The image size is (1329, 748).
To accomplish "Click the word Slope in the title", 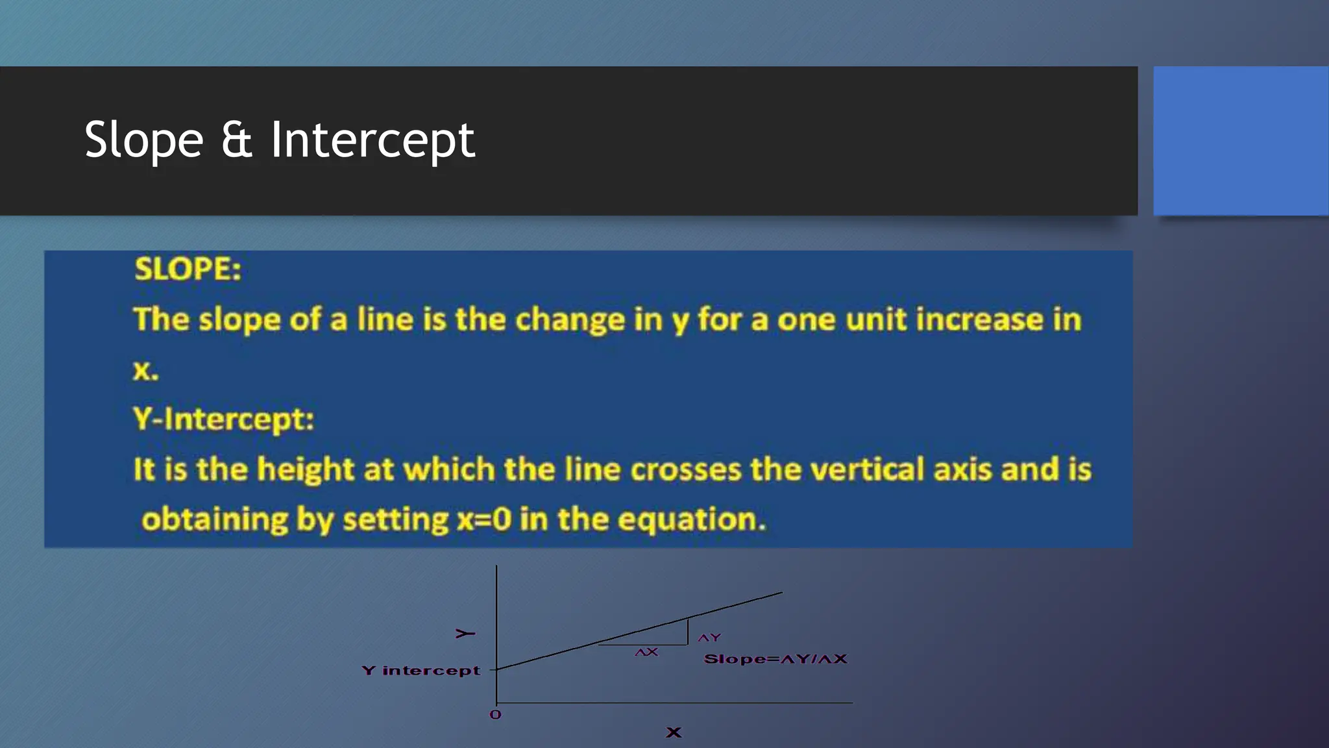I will click(x=144, y=140).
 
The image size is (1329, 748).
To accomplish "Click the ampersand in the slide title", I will click(x=236, y=140).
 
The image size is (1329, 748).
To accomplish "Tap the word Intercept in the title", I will click(x=372, y=140).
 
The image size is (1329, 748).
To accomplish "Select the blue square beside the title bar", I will click(x=1240, y=140).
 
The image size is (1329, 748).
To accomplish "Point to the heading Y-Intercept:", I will click(x=223, y=419).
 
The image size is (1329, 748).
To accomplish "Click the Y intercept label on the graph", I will click(x=421, y=670).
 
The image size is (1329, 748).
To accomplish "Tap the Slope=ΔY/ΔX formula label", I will click(x=775, y=659).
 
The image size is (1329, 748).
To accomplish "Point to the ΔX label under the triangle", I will click(x=646, y=652).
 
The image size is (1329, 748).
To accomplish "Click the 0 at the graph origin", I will click(x=495, y=715).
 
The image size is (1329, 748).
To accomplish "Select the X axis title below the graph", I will click(x=674, y=732).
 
